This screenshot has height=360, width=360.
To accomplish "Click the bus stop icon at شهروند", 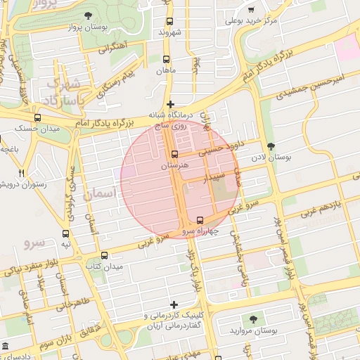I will pyautogui.click(x=169, y=21).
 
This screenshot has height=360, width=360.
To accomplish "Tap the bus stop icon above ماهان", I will pyautogui.click(x=167, y=60).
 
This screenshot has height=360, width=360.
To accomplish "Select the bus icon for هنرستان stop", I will pyautogui.click(x=175, y=154).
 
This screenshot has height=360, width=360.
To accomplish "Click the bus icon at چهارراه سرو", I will pyautogui.click(x=200, y=219).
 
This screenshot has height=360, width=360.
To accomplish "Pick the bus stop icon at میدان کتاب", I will pyautogui.click(x=105, y=255).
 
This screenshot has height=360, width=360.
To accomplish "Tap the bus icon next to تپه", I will pyautogui.click(x=65, y=233).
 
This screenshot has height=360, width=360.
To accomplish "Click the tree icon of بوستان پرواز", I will pyautogui.click(x=87, y=15).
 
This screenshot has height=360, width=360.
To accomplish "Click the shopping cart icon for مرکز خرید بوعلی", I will pyautogui.click(x=252, y=10).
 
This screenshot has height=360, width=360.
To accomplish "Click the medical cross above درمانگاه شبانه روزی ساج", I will pyautogui.click(x=169, y=104).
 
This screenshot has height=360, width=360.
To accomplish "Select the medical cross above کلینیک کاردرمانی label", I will pyautogui.click(x=173, y=304).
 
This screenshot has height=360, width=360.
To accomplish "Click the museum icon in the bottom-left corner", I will pyautogui.click(x=6, y=347).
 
